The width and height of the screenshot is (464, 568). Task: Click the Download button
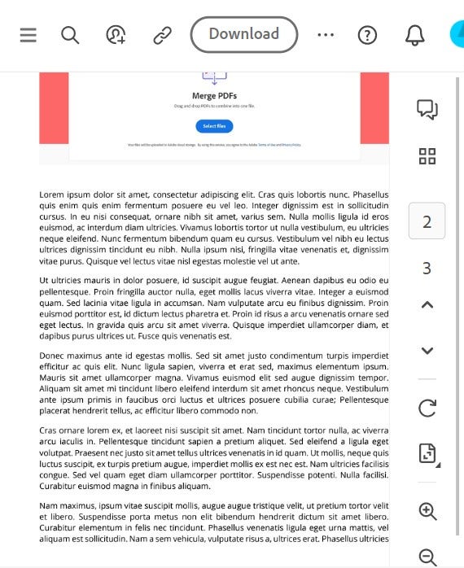(243, 34)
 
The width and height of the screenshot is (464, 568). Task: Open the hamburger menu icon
(28, 35)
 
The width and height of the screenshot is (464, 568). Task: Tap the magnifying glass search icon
(70, 35)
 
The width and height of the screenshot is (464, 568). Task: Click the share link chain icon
(161, 35)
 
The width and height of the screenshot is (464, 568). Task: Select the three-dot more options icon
(326, 35)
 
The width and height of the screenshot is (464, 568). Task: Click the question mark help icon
(368, 35)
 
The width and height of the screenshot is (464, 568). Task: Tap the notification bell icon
(414, 35)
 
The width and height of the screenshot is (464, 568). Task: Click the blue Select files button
(214, 126)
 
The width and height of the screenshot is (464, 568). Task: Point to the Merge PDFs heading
(215, 96)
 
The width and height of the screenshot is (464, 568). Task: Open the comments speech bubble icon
(427, 109)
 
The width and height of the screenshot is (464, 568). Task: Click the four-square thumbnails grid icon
(427, 156)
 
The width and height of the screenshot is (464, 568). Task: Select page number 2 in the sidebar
(427, 222)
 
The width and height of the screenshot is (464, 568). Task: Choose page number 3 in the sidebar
(427, 269)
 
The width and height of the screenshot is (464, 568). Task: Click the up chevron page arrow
(427, 305)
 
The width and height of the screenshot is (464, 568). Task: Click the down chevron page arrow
(427, 351)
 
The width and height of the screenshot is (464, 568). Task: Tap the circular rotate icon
(427, 408)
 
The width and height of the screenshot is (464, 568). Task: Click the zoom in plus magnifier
(427, 511)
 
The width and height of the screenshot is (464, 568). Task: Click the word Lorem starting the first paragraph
(51, 195)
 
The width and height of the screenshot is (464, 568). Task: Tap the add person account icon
(116, 35)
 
